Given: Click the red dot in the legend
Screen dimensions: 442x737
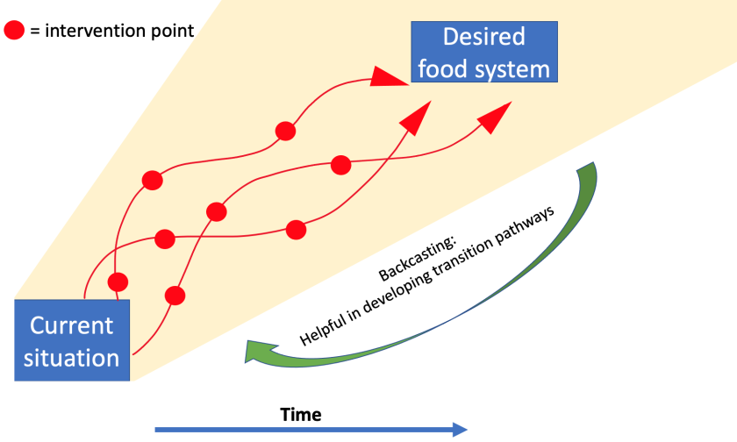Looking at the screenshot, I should coord(15,32).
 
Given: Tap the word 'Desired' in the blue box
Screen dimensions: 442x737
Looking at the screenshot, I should coord(483,37).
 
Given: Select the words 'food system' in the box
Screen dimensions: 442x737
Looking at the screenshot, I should coord(483,68).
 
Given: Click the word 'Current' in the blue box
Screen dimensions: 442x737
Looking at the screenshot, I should coord(72,326).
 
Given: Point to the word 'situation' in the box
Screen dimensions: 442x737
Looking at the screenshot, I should coord(72,358).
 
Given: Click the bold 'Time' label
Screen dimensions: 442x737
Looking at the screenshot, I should coord(301,414).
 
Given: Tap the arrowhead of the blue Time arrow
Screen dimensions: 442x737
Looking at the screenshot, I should coord(459,429).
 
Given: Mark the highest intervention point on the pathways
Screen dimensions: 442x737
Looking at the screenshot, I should coord(284,132).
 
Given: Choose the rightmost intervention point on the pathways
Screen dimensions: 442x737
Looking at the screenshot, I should coord(340,164).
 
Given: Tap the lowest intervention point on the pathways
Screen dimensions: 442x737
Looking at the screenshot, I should coord(175,295).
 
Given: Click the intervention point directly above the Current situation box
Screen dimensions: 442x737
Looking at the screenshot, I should coord(118,282).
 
